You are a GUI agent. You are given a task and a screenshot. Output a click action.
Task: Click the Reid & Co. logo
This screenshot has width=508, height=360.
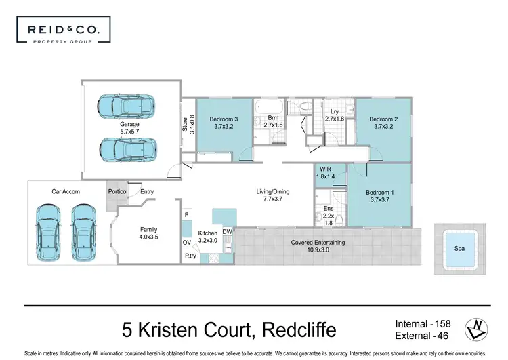(63, 31)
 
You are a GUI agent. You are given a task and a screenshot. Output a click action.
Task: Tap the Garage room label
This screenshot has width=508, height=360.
(130, 125)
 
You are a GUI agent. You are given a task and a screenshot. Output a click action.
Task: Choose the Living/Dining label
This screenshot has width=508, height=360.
(273, 192)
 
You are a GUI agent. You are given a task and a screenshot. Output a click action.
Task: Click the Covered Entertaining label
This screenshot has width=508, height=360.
(318, 242)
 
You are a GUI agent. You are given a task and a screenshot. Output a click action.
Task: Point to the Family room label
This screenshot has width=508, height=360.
(148, 230)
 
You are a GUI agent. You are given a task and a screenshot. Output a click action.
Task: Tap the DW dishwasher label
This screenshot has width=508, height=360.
(227, 231)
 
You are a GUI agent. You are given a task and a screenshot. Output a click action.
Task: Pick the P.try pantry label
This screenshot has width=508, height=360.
(190, 256)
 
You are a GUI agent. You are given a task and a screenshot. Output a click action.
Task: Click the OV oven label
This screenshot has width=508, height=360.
(187, 242)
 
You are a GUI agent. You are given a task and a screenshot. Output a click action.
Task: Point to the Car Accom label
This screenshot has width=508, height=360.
(66, 192)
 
